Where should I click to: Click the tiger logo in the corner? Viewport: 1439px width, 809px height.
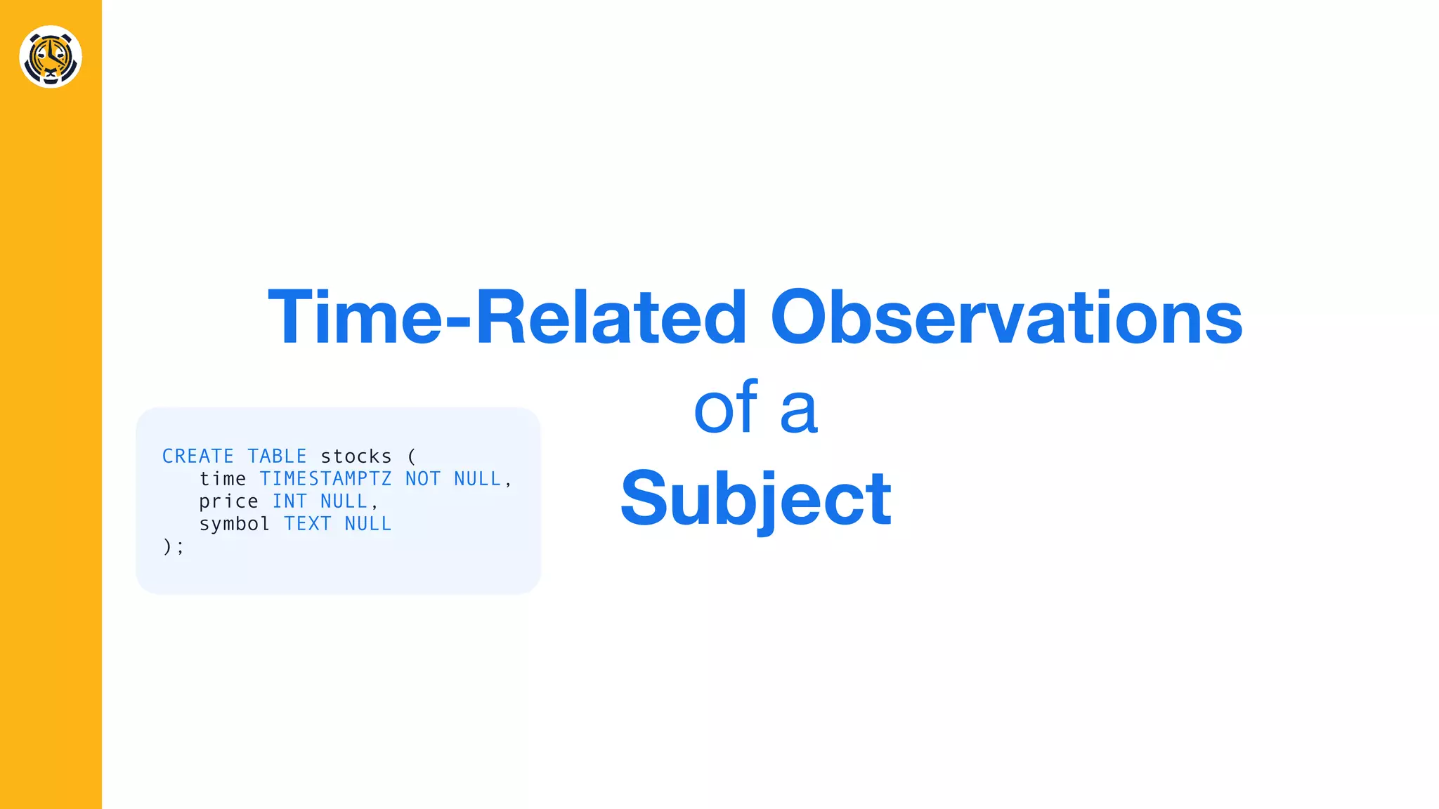pos(51,57)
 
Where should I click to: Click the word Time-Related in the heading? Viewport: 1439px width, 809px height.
pos(506,317)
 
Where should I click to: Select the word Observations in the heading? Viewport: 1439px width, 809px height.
pos(1006,317)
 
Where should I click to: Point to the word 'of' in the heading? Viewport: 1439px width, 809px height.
pos(725,408)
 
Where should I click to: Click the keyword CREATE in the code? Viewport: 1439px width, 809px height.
pos(197,456)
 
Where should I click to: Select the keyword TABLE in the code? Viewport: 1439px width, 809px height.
pos(277,456)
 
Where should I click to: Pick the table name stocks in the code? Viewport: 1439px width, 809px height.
pos(356,456)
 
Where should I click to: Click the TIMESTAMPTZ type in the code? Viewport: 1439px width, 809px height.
pos(325,479)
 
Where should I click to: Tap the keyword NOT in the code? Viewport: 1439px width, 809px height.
pos(422,479)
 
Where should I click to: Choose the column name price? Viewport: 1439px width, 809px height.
pos(228,501)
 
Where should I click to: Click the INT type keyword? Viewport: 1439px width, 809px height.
pos(289,501)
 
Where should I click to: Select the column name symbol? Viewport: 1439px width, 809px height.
pos(234,524)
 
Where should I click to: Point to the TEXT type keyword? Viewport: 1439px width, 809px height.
pos(307,524)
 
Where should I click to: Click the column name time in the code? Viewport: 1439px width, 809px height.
pos(222,479)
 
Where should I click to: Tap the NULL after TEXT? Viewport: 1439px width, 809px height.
pos(367,524)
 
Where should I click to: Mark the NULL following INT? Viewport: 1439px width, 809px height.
pos(344,501)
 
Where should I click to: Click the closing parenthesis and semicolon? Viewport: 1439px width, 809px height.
pos(173,546)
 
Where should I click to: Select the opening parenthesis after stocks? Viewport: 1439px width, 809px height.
pos(412,456)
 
